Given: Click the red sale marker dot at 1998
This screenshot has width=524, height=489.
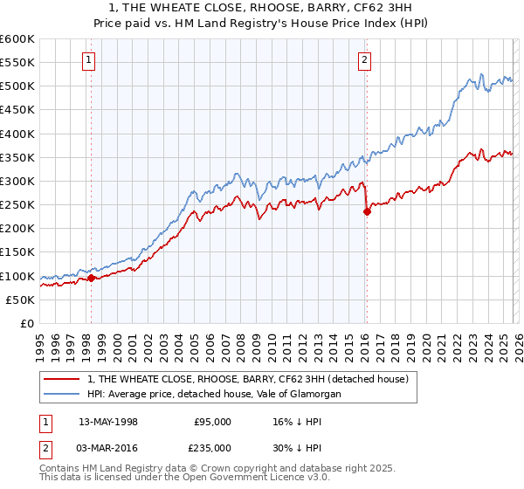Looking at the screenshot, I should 91,279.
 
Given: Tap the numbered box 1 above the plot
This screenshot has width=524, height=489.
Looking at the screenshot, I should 90,60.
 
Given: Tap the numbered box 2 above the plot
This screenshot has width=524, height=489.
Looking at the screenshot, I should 364,60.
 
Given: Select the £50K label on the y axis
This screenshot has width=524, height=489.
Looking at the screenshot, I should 20,300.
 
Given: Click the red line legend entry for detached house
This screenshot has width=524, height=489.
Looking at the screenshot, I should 253,379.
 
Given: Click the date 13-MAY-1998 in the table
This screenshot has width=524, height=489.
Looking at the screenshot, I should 107,422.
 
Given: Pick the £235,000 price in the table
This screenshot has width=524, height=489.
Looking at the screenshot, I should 213,446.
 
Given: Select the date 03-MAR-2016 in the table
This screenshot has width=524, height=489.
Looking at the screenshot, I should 107,446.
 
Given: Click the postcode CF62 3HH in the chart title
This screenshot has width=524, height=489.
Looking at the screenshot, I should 390,7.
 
